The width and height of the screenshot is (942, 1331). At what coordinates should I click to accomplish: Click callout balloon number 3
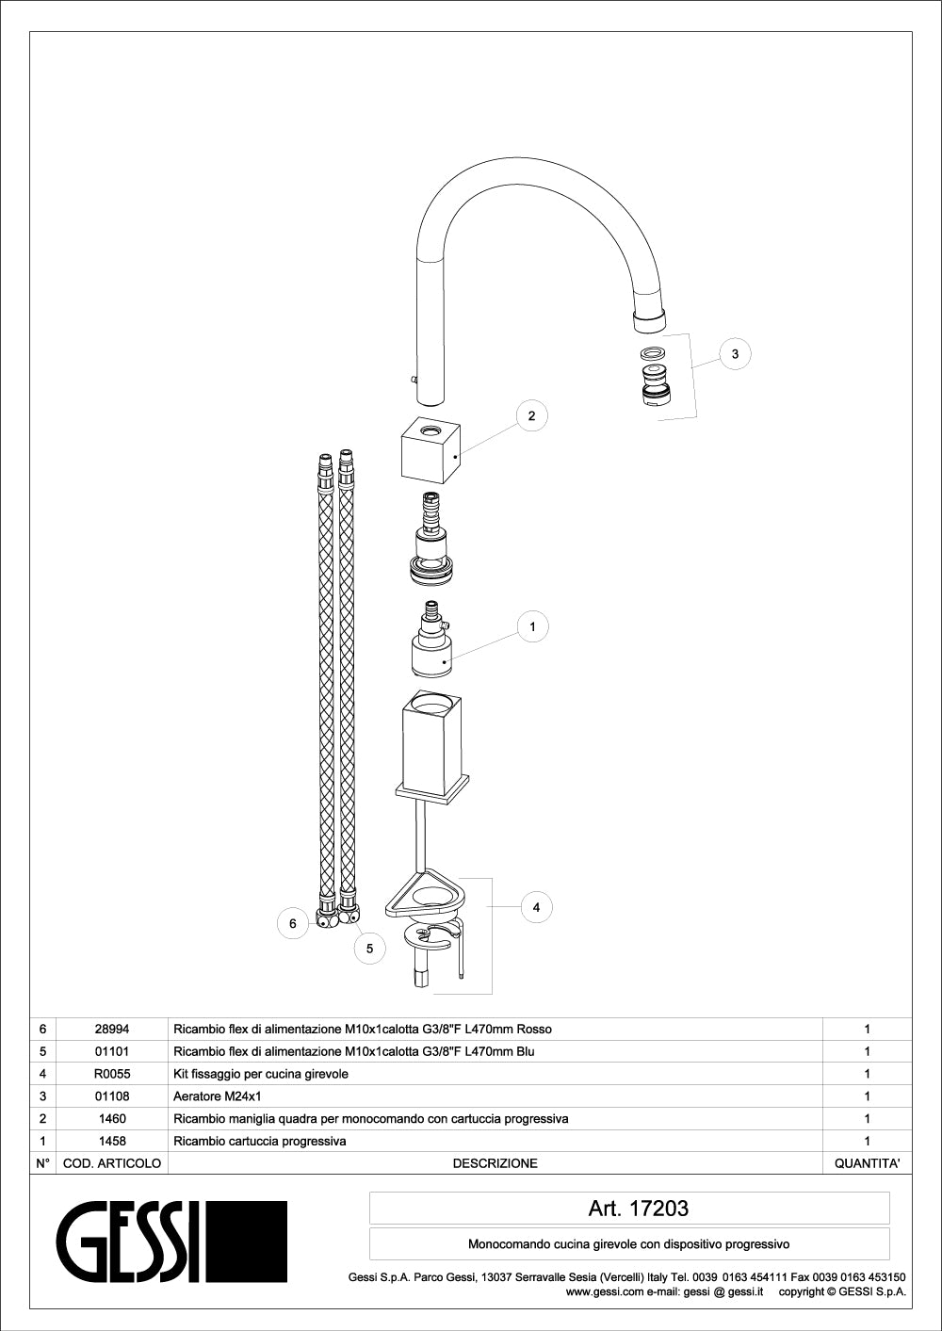(735, 354)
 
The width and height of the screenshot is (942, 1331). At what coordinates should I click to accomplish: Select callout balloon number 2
(531, 416)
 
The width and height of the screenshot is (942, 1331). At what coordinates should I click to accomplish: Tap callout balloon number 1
(532, 626)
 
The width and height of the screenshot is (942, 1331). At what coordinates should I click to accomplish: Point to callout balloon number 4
(536, 907)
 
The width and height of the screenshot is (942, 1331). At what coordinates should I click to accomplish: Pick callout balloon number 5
(369, 949)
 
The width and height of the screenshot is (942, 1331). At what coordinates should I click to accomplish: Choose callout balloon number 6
(293, 923)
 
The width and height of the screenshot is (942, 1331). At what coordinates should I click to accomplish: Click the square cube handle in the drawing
(430, 451)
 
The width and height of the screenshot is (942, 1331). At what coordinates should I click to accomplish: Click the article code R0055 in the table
(112, 1074)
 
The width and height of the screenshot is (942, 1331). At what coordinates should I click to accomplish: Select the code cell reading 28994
(112, 1029)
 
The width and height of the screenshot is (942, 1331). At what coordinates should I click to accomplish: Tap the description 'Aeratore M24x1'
(217, 1096)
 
